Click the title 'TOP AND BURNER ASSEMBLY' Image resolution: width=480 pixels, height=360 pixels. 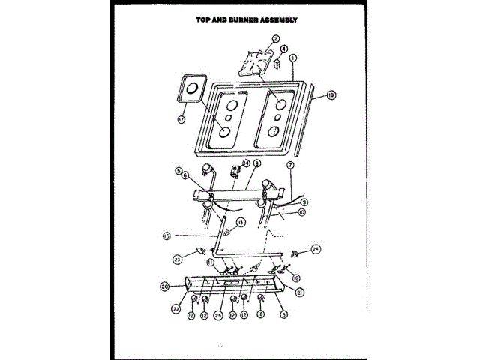[236, 19]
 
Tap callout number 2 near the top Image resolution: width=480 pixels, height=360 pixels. [276, 38]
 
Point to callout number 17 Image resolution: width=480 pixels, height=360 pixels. [181, 119]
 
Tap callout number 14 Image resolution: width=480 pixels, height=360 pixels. [246, 163]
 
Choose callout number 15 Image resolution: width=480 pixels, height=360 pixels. [166, 235]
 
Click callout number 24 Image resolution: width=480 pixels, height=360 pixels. [316, 250]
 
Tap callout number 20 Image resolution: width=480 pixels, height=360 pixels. [164, 285]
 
